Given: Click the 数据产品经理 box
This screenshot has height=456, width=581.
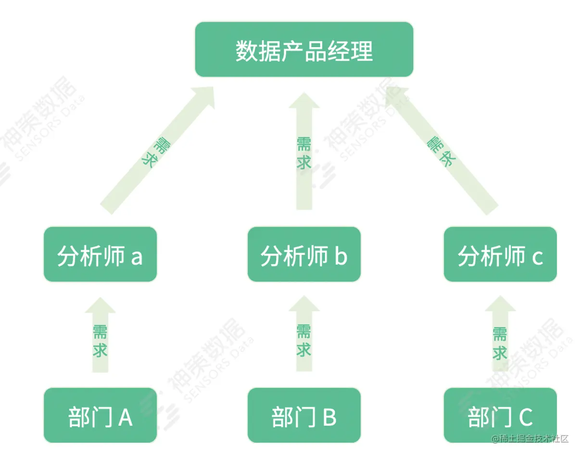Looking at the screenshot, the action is coord(304,50).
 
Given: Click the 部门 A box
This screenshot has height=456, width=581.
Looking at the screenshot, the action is coord(100,415).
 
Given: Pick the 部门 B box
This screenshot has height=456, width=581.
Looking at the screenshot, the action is coord(304,415).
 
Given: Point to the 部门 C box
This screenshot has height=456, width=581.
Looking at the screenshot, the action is coord(500,415).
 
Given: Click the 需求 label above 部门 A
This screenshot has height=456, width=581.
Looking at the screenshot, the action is coord(100,341).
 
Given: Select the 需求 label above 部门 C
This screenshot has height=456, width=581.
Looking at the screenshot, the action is coord(500,343).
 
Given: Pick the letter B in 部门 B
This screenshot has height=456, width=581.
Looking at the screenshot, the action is coord(329,417).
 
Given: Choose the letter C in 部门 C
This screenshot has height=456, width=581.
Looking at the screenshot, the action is coord(526,417).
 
